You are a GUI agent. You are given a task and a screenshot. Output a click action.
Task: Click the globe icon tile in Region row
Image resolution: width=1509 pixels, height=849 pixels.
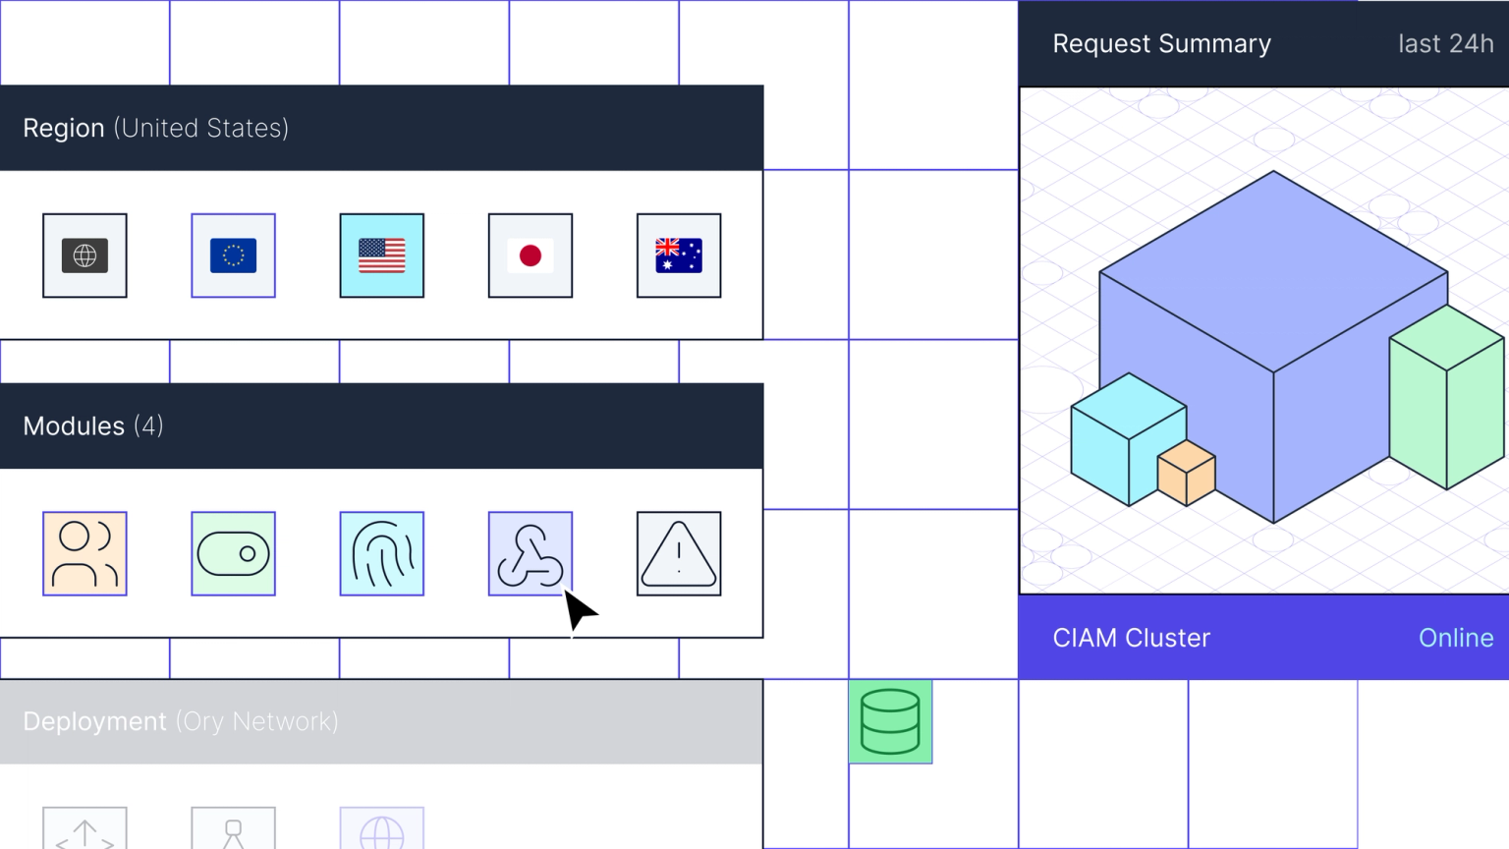point(84,255)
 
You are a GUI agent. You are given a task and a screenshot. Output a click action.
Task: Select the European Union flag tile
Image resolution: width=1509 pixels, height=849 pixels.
point(233,255)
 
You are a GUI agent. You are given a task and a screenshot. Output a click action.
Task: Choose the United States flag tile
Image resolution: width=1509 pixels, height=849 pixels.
point(381,255)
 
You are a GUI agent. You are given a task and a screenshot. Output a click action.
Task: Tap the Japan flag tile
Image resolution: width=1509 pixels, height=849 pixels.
point(531,255)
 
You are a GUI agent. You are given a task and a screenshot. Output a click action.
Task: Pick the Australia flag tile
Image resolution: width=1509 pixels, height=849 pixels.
point(679,255)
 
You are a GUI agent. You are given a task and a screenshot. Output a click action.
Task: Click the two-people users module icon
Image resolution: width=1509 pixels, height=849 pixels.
point(84,553)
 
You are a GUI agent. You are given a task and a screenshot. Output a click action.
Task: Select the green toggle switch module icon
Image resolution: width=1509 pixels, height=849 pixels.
point(233,553)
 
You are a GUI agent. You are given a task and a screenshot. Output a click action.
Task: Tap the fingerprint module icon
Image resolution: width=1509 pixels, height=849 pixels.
point(381,553)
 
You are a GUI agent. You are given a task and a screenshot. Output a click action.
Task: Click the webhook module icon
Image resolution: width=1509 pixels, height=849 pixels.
point(531,553)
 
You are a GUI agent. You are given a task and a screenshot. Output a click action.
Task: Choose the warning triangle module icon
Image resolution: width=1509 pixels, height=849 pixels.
point(679,553)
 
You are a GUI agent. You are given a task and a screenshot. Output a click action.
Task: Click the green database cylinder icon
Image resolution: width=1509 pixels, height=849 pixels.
point(890,721)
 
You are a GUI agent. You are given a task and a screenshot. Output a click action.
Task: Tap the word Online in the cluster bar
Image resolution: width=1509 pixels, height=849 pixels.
point(1455,638)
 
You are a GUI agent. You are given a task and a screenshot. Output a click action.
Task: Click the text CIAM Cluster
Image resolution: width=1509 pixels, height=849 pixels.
point(1131,638)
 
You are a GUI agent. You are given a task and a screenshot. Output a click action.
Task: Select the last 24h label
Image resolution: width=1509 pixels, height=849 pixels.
point(1445,44)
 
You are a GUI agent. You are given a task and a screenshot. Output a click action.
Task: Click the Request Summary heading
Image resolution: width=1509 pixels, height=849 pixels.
point(1161,44)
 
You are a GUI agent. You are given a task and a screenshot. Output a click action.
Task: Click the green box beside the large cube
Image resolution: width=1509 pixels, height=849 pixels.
point(1446,397)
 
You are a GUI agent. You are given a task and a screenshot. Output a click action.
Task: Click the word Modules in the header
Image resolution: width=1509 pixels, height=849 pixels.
point(74,426)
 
